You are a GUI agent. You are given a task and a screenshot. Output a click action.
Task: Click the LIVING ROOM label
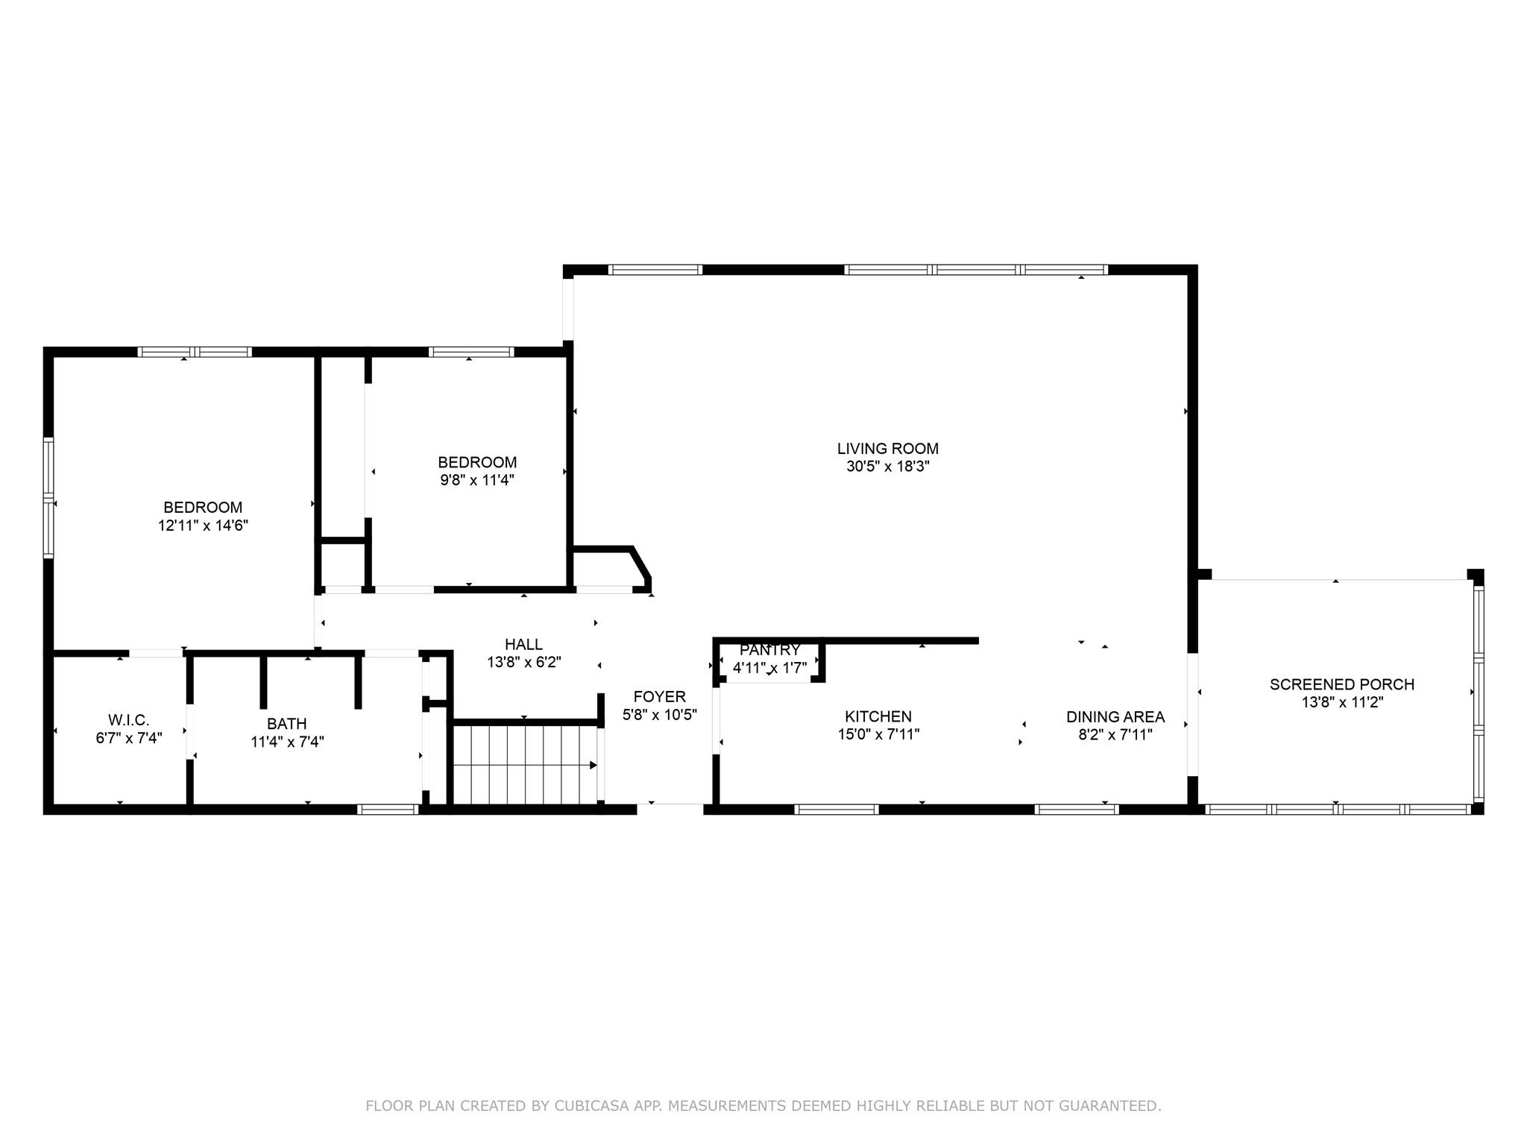(887, 449)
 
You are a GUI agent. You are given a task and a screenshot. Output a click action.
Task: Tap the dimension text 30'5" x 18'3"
(887, 467)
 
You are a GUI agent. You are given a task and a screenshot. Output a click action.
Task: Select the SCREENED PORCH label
(1341, 684)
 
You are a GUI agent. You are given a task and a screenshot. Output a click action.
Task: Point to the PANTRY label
(769, 650)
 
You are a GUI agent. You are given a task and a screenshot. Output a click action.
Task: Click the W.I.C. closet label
(128, 720)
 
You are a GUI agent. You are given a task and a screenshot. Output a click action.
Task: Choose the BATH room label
(287, 724)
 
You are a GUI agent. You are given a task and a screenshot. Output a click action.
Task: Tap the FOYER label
(659, 697)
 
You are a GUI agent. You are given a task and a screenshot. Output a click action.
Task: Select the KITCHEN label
(878, 717)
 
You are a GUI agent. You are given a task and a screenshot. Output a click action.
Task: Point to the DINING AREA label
(1115, 717)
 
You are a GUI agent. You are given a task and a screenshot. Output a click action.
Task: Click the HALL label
(523, 644)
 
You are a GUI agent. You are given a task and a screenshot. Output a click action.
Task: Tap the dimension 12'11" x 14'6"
(203, 526)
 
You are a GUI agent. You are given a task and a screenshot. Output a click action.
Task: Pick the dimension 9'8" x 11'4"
(477, 480)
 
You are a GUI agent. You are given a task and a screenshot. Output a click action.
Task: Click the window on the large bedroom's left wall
(49, 497)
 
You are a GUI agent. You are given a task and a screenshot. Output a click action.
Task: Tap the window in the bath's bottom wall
(388, 810)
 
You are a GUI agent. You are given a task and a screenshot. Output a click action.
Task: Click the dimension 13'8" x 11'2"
(1341, 702)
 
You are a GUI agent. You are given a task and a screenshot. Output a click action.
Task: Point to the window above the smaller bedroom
(471, 352)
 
